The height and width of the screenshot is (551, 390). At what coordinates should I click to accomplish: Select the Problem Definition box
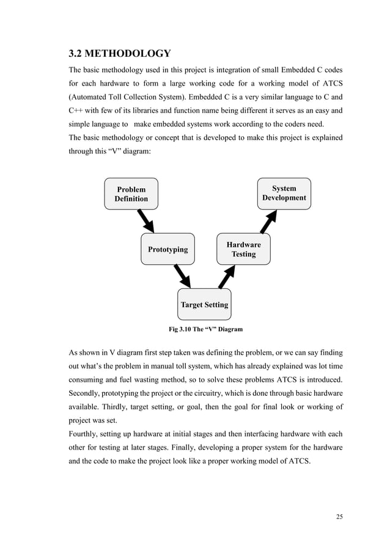point(131,194)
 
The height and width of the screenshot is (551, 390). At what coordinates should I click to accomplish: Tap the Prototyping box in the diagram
point(167,249)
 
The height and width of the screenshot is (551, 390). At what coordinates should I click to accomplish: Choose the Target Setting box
point(204,304)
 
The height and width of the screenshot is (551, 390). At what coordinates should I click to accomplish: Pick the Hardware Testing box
point(243,249)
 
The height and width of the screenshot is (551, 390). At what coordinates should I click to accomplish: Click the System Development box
point(284,193)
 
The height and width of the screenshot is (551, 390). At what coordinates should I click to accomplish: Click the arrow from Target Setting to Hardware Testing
point(226,277)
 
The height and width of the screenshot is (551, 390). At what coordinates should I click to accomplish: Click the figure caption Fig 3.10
point(205,329)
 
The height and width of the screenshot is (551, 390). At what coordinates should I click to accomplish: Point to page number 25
point(339,517)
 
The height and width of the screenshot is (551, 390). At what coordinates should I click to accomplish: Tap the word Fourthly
point(86,434)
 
